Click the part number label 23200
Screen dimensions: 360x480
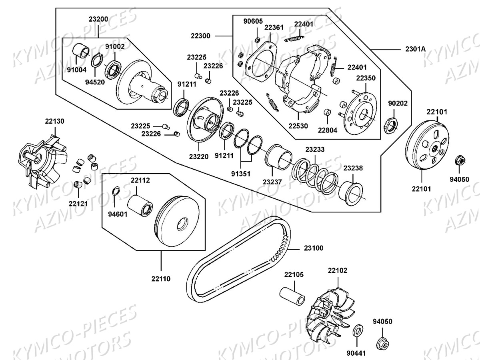click(98, 19)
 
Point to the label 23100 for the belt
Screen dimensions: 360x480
click(314, 248)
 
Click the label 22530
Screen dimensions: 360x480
click(298, 126)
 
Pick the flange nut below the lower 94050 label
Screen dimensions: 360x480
click(383, 343)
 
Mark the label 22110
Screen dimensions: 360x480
click(161, 278)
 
